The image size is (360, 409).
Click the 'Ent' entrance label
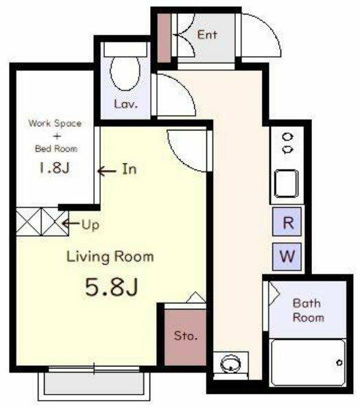click(207, 35)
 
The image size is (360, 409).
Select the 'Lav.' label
click(125, 104)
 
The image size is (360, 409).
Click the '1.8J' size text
click(54, 167)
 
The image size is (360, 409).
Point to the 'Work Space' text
click(55, 123)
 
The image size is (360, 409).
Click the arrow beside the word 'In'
click(106, 172)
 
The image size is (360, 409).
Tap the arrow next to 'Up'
click(71, 223)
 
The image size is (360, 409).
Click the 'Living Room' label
click(110, 257)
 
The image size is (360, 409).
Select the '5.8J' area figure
click(111, 287)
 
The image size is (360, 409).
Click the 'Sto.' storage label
click(186, 336)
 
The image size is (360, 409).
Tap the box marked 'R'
click(287, 222)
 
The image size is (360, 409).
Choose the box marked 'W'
click(287, 257)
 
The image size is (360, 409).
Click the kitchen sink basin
click(286, 183)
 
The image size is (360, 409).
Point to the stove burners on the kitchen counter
click(287, 143)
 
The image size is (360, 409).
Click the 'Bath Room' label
click(308, 310)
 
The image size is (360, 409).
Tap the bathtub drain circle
click(339, 362)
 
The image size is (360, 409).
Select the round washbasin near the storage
click(230, 364)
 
